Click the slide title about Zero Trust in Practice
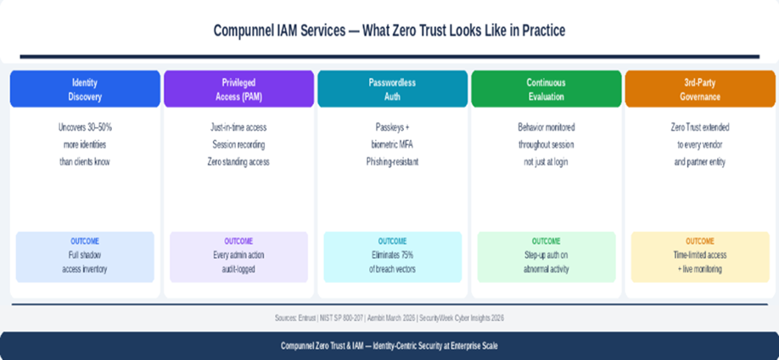(389, 31)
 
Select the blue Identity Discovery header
(85, 88)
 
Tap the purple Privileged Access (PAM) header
(238, 88)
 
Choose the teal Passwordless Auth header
(392, 88)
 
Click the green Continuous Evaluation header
(546, 88)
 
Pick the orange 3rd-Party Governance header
(699, 88)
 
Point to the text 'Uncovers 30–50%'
(85, 127)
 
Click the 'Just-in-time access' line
(238, 127)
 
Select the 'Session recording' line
(238, 144)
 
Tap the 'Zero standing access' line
(238, 161)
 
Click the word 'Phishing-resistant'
(392, 161)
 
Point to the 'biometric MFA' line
(392, 144)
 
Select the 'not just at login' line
(546, 161)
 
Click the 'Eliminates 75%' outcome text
(392, 255)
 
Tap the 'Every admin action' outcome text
(238, 255)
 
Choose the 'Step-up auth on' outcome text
(546, 255)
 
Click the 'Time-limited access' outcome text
(699, 255)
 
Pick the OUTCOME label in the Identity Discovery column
(85, 241)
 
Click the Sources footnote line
(389, 318)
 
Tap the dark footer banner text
(389, 346)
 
